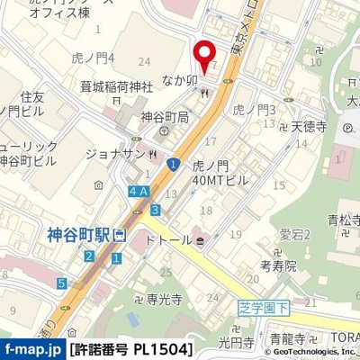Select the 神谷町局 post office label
164,118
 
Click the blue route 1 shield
171,162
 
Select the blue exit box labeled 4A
138,191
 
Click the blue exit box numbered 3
156,211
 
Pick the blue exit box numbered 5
61,283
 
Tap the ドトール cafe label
168,240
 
